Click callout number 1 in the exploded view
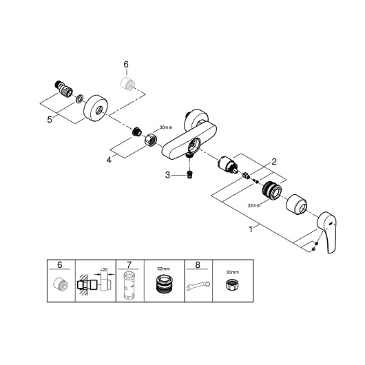click(x=251, y=229)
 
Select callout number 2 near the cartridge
click(x=274, y=162)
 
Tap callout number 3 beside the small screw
click(x=167, y=175)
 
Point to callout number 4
click(x=109, y=160)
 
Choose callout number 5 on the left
click(x=50, y=120)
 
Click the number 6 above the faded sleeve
click(x=126, y=65)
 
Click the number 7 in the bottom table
click(x=129, y=264)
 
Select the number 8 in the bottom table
click(x=198, y=264)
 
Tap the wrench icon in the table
click(x=198, y=286)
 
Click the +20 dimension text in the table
click(x=103, y=269)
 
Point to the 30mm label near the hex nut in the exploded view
click(x=166, y=127)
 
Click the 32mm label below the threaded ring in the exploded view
click(x=254, y=205)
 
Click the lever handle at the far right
click(x=328, y=231)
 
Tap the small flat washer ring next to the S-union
click(x=79, y=99)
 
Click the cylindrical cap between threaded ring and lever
click(x=296, y=204)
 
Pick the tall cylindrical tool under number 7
click(x=131, y=285)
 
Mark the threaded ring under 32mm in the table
click(x=164, y=284)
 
